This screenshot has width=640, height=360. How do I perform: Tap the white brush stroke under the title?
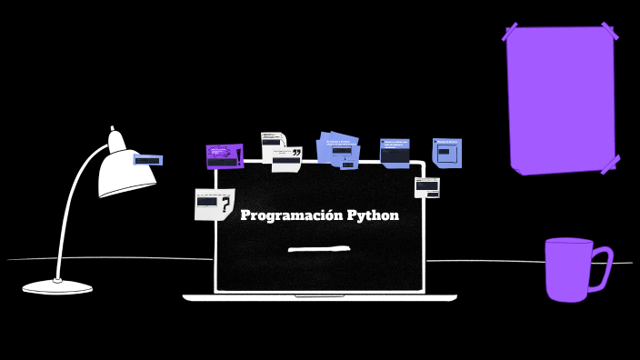[318, 248]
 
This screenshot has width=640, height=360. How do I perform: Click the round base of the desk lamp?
[57, 287]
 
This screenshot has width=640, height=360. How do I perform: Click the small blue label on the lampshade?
[147, 160]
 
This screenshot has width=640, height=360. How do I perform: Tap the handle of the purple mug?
[602, 268]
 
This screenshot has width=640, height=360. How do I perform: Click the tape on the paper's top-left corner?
[510, 32]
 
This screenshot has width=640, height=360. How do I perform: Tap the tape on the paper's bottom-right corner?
[610, 164]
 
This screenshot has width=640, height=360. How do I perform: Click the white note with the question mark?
[214, 204]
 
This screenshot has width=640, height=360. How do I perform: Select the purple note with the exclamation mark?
[224, 155]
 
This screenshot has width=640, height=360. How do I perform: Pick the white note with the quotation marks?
[286, 161]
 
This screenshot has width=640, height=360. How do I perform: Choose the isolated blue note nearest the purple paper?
[446, 153]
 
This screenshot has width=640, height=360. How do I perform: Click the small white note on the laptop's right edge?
[426, 187]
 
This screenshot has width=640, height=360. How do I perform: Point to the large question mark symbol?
[225, 206]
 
